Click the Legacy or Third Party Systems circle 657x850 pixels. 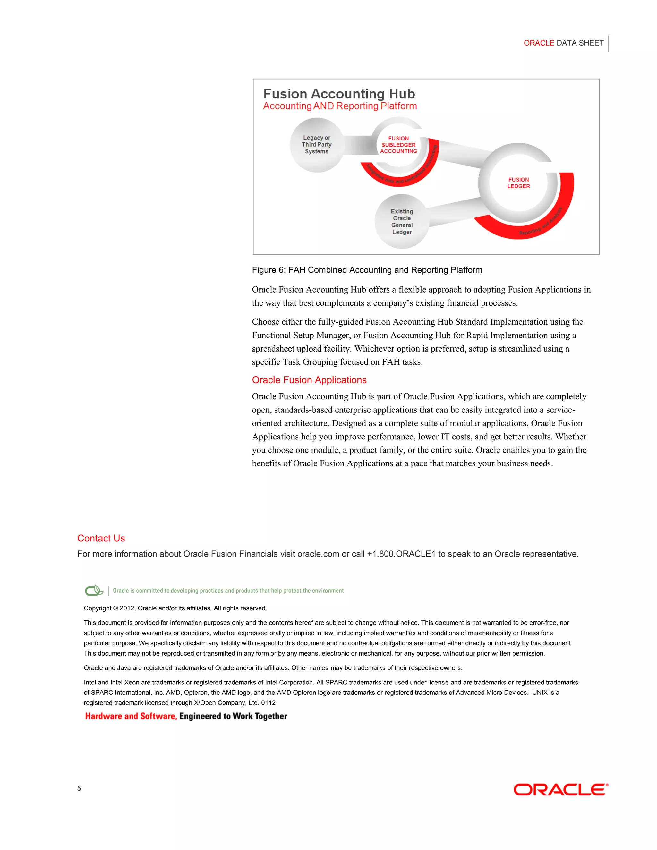(316, 145)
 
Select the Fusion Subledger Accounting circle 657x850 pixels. (398, 145)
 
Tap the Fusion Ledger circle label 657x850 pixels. (518, 183)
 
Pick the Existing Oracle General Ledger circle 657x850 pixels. (402, 221)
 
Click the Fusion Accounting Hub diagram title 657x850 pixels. (339, 94)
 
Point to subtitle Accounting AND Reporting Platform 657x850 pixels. (340, 106)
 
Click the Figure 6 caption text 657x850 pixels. (367, 270)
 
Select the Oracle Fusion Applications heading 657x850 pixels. (309, 380)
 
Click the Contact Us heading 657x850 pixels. (101, 538)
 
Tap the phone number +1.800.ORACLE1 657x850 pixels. (401, 554)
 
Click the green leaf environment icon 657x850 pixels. (94, 591)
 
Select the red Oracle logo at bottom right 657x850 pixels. (560, 790)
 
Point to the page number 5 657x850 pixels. (79, 788)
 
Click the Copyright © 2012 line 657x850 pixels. (175, 608)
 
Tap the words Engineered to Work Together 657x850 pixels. (233, 717)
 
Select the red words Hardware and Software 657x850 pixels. (131, 717)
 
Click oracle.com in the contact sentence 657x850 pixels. (318, 554)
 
